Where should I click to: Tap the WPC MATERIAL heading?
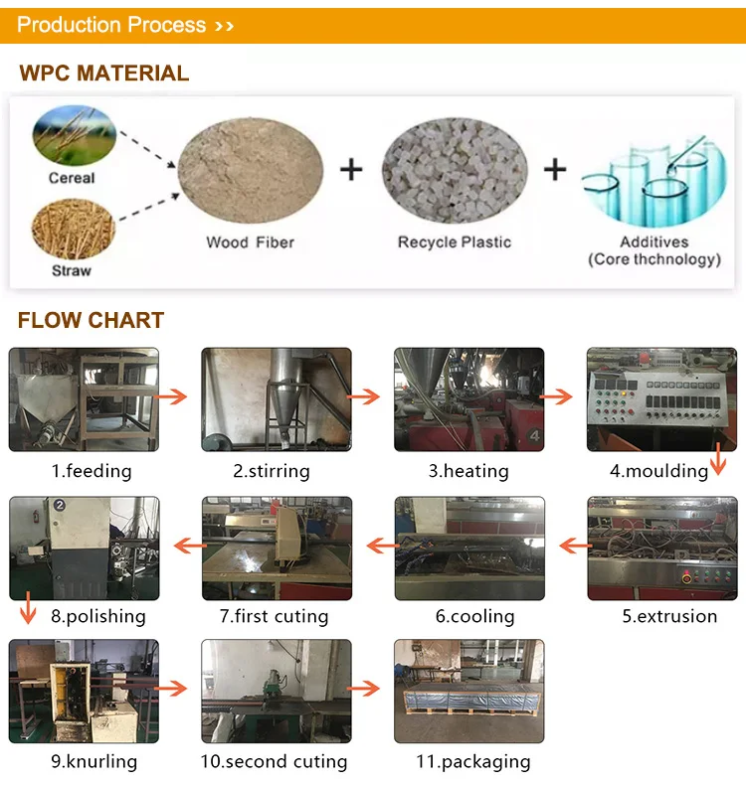(103, 74)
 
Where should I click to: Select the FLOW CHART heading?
(91, 321)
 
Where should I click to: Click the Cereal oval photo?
(74, 136)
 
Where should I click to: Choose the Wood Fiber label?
(250, 242)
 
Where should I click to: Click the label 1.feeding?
(92, 471)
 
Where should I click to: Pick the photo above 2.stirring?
(277, 399)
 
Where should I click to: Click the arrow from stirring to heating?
(366, 396)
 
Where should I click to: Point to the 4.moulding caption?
(658, 471)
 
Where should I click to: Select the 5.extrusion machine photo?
(661, 549)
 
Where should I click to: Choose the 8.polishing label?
(98, 616)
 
